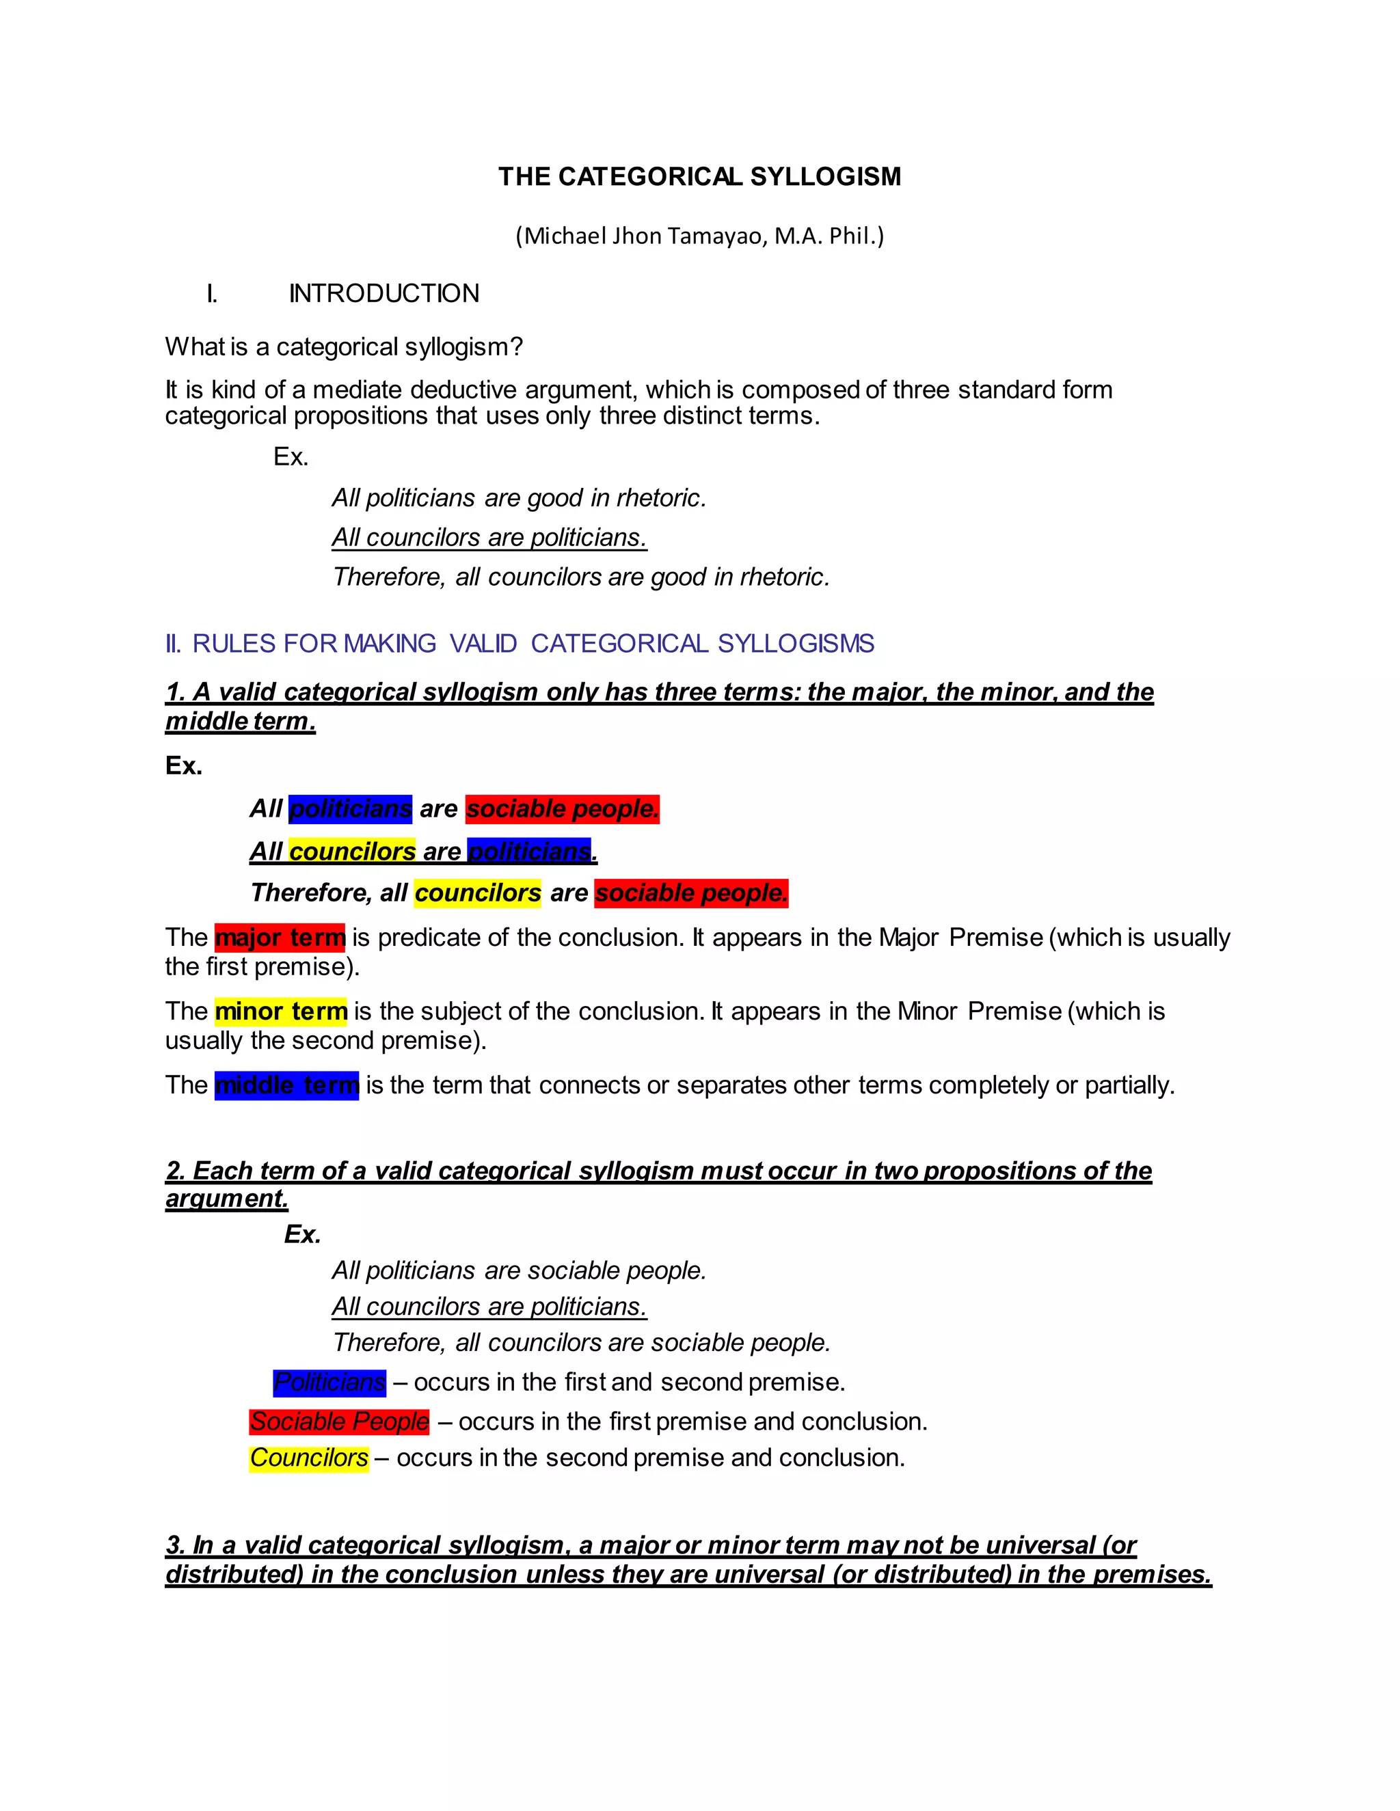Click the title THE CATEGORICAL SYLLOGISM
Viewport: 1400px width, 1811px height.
point(699,176)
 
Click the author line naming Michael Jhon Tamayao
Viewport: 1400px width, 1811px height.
point(699,236)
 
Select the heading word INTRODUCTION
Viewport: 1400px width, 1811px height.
point(384,294)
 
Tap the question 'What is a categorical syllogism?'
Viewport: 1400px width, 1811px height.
point(343,346)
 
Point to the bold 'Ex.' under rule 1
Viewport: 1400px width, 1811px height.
point(183,765)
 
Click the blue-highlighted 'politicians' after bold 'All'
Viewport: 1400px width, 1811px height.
point(350,808)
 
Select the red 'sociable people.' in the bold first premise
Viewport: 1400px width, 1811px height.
point(563,808)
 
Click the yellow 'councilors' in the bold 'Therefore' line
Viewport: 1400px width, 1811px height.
point(478,893)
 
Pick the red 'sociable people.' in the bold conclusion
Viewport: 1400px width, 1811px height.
point(691,893)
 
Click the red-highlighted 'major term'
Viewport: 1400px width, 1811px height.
point(280,938)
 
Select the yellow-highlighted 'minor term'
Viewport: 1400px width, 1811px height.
point(280,1011)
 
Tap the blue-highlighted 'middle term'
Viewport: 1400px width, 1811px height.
point(286,1085)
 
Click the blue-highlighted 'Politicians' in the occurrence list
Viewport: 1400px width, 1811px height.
point(329,1383)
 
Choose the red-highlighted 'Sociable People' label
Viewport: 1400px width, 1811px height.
point(339,1421)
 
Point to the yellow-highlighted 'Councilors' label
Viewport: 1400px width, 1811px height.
point(308,1458)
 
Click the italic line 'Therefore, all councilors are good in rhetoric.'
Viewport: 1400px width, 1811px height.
point(580,577)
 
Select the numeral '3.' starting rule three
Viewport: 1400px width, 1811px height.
point(175,1545)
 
